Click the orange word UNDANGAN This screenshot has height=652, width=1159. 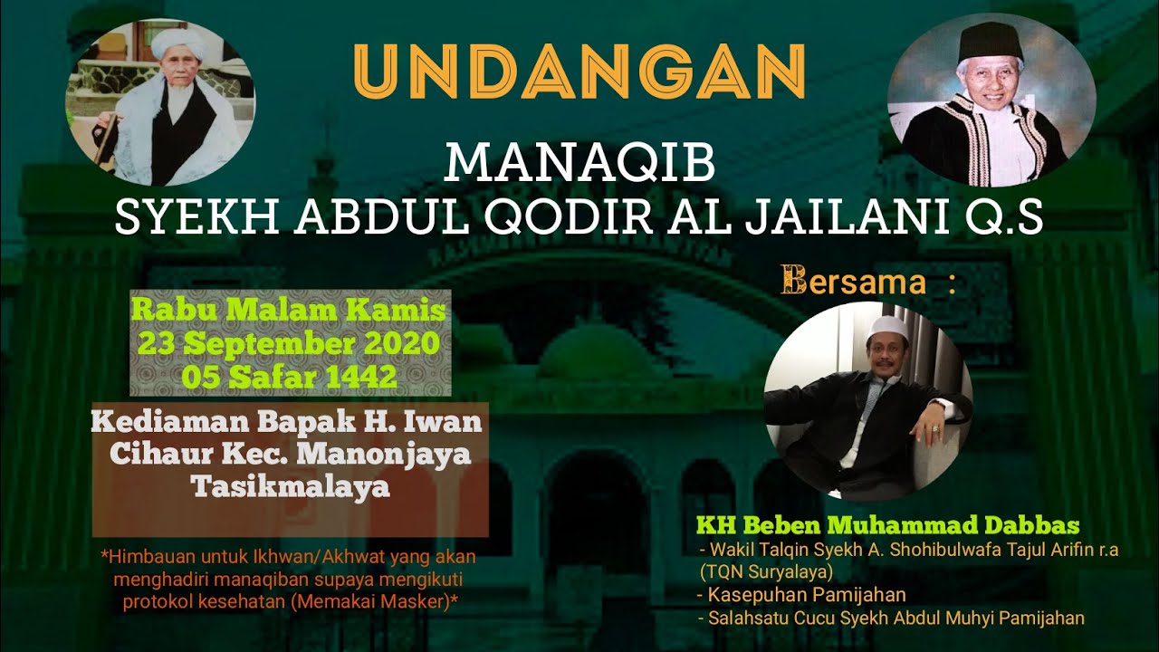coord(579,71)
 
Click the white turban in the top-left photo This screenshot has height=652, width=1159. coord(172,42)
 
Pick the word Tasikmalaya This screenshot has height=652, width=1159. coord(291,486)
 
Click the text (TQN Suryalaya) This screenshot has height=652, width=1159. coord(766,572)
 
